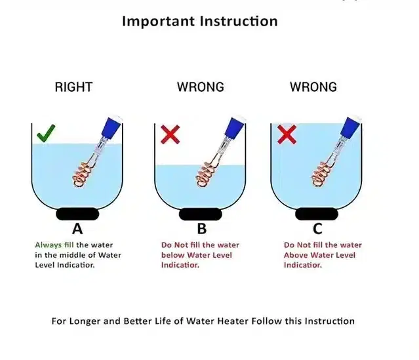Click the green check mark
(46, 133)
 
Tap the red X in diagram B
(170, 134)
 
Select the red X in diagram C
(287, 134)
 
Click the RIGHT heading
(73, 87)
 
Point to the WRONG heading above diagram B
(201, 87)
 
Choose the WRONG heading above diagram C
(313, 87)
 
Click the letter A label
(77, 229)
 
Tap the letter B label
(202, 229)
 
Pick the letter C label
(317, 229)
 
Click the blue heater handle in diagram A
(113, 128)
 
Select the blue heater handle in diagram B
(235, 128)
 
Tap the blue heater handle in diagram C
(351, 128)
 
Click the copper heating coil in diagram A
(83, 173)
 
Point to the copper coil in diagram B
(207, 173)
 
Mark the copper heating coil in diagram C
(322, 173)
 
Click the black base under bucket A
(77, 214)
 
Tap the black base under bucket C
(317, 214)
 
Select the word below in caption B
(172, 255)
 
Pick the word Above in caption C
(295, 255)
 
